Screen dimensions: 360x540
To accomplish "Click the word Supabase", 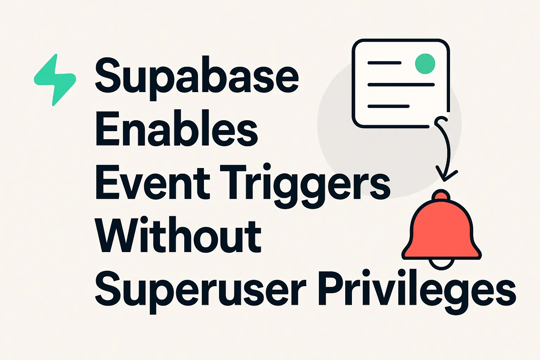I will pos(197,78).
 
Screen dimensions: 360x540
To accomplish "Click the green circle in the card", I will pos(425,64).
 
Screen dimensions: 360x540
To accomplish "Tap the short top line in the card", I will pos(384,63).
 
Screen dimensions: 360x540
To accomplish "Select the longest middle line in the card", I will pos(401,85).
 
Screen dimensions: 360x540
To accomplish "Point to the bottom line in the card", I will pos(388,106).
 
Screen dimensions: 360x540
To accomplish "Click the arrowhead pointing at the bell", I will pos(445,176).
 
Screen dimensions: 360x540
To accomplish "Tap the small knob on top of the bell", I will pos(441,195).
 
